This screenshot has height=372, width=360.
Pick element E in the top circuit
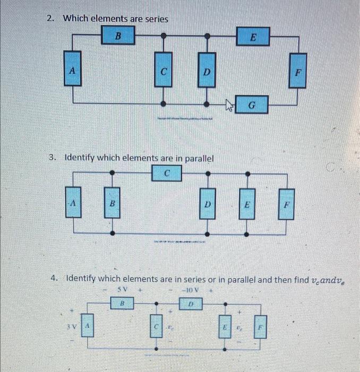click(x=253, y=38)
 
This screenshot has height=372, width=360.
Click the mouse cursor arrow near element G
click(x=229, y=106)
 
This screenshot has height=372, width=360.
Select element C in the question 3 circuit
click(x=167, y=173)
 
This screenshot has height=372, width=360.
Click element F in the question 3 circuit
click(x=287, y=203)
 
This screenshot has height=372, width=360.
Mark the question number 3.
click(x=52, y=158)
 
